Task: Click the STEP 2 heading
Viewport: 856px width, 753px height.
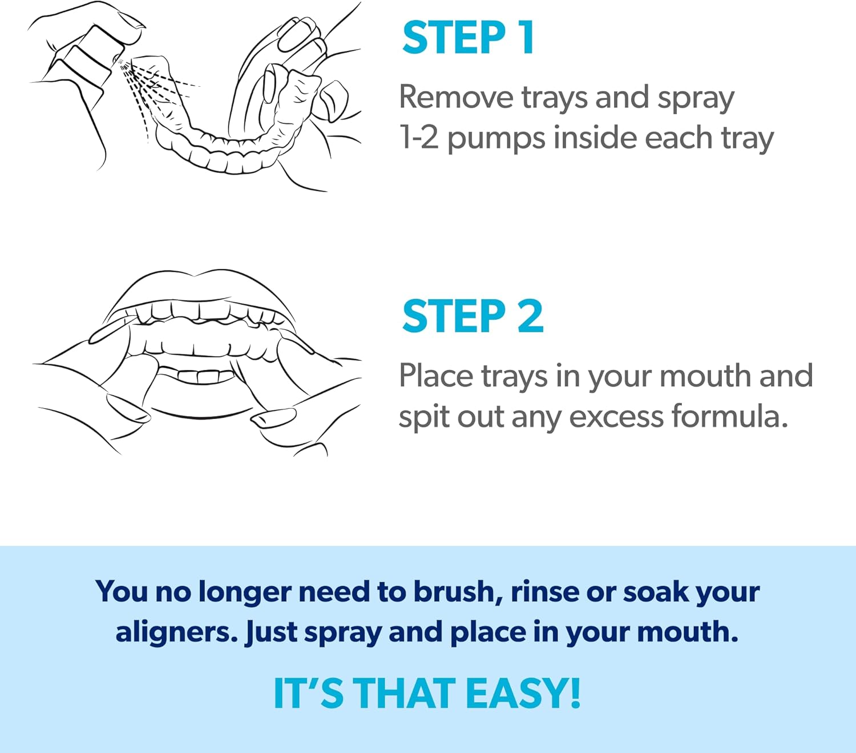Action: pyautogui.click(x=473, y=316)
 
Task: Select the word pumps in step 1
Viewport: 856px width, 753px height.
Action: pyautogui.click(x=496, y=139)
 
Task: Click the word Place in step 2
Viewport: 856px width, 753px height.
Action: pyautogui.click(x=435, y=376)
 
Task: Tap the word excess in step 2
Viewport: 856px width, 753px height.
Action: pyautogui.click(x=616, y=416)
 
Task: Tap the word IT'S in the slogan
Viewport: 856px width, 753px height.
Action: pyautogui.click(x=308, y=694)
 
